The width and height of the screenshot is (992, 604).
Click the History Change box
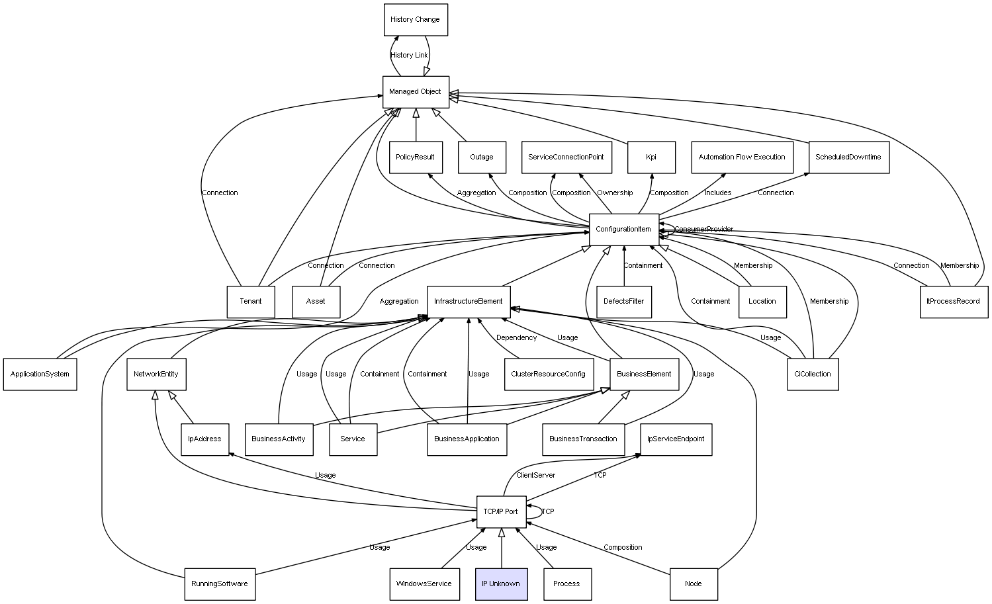pos(416,19)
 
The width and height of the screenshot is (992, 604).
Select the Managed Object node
pos(416,92)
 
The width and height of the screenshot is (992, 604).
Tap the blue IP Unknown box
pos(502,584)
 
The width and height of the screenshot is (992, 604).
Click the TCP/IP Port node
pos(502,512)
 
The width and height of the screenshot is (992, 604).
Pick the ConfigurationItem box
pos(624,230)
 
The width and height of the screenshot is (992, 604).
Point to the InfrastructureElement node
pos(469,302)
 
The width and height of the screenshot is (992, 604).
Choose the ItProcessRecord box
pos(954,302)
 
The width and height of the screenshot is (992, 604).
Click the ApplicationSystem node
pos(40,374)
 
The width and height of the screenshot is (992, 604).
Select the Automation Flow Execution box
pos(743,157)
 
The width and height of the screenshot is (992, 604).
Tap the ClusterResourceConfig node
pos(549,374)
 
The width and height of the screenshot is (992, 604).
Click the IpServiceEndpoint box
pos(676,439)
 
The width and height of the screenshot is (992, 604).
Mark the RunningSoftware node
pos(220,584)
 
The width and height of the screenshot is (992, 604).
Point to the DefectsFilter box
pos(624,302)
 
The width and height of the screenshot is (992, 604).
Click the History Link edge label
pos(409,56)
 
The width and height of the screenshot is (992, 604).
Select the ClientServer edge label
pos(536,475)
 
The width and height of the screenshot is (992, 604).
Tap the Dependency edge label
pos(516,338)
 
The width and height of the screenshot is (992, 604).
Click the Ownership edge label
pos(615,193)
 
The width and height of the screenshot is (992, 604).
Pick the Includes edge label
pos(718,193)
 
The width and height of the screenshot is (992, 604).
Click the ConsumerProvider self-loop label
pos(704,230)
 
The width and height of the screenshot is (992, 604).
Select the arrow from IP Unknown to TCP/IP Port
pos(502,548)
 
